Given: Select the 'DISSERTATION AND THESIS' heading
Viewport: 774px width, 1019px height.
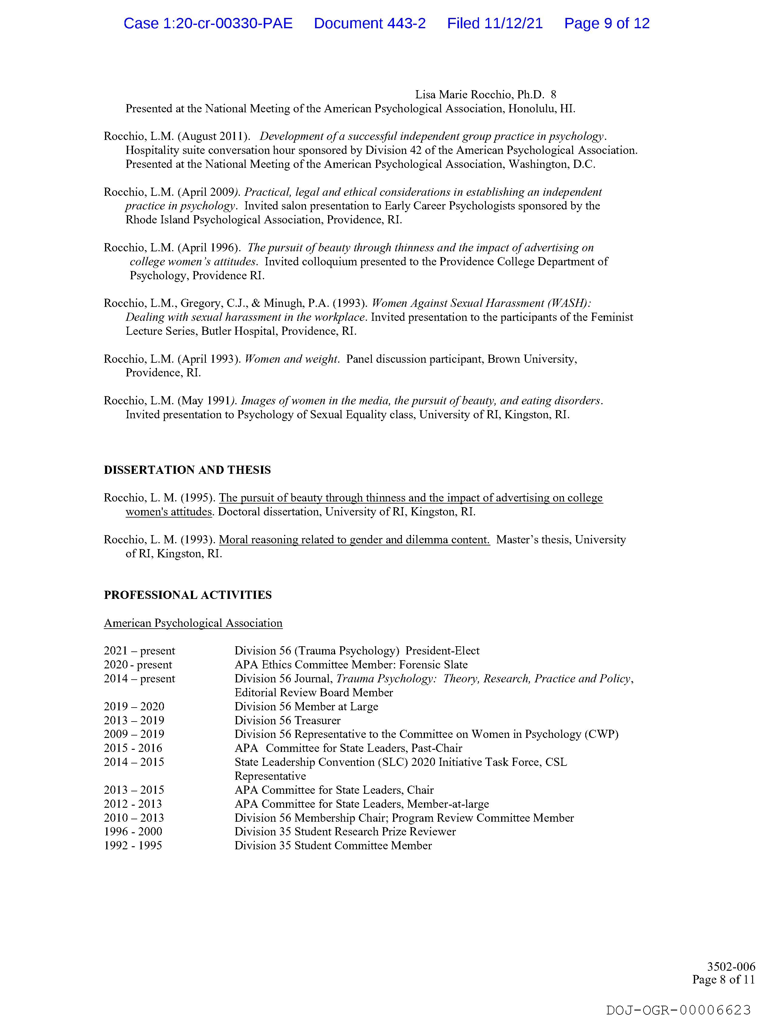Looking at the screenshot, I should (x=187, y=470).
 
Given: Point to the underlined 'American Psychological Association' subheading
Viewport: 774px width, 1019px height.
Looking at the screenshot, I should (x=193, y=623).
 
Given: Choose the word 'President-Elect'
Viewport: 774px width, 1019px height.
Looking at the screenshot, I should (x=442, y=650).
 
